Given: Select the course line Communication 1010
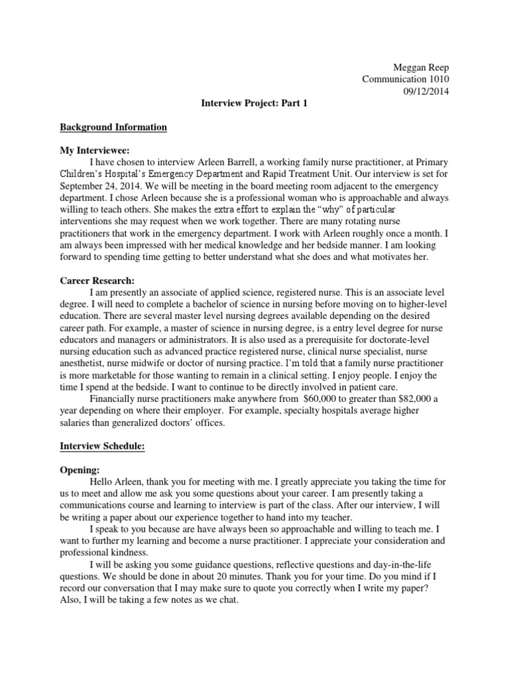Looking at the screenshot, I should (405, 79).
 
